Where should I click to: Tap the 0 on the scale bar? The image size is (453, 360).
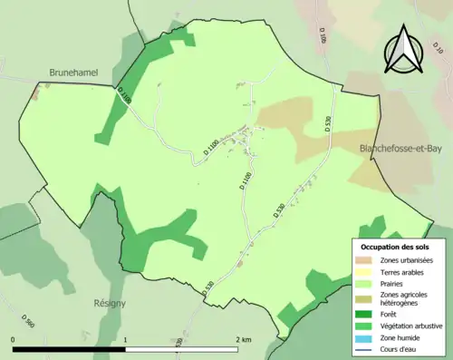(14, 340)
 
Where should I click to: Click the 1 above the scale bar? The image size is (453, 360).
(125, 340)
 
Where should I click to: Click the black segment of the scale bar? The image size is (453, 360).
(69, 349)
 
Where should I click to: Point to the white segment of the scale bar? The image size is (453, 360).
(180, 349)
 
